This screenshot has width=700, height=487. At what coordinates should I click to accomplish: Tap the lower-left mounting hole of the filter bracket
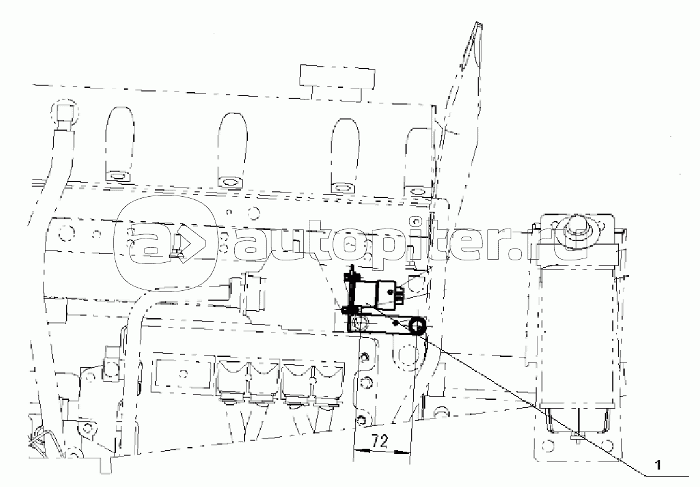click(x=548, y=445)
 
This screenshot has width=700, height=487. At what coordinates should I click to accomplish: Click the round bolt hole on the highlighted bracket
click(x=359, y=323)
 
